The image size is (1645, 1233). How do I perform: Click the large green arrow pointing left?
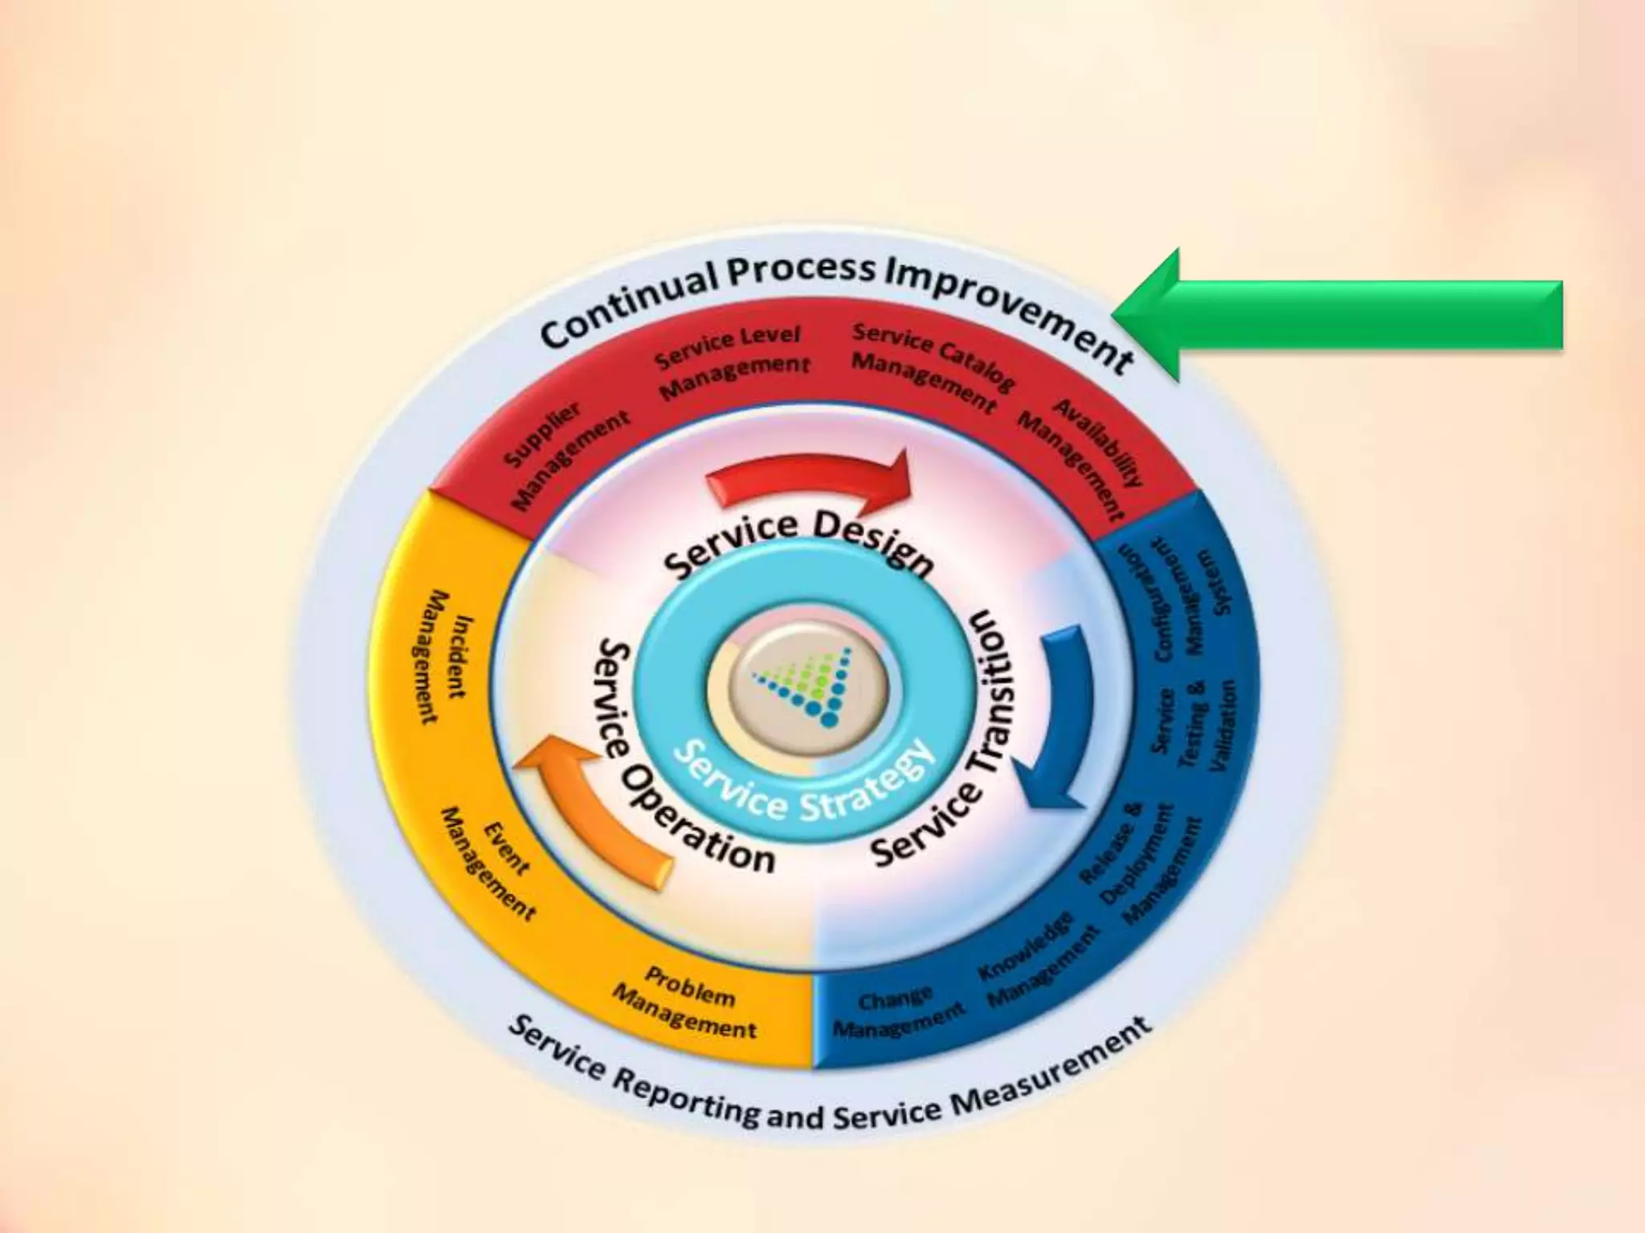[x=1349, y=315]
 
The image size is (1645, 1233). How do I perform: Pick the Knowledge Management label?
[x=1036, y=959]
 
